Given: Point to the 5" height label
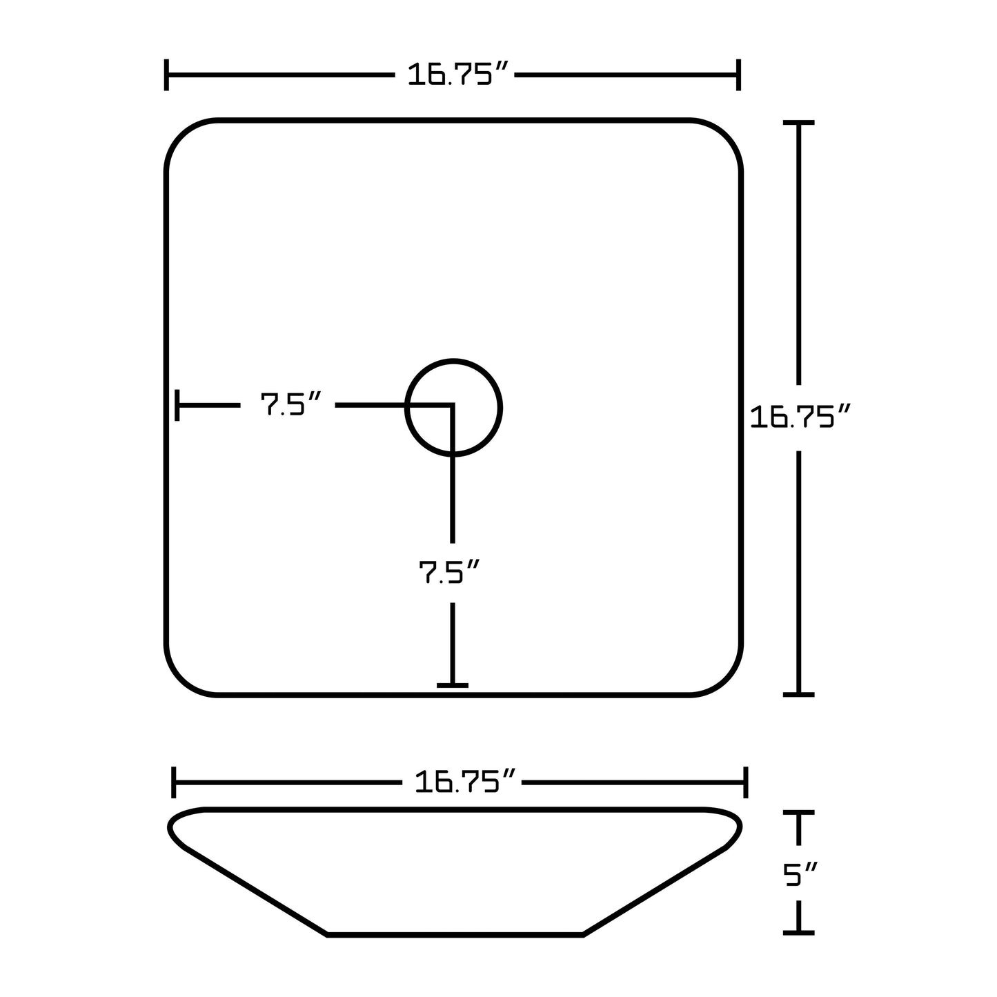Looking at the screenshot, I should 800,875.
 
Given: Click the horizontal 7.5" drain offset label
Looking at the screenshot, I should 290,405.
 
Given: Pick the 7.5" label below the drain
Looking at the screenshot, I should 449,572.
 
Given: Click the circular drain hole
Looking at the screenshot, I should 453,407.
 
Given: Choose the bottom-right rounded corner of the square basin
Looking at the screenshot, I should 725,679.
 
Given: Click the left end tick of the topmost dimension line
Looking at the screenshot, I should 166,75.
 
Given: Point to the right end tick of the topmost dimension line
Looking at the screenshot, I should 738,75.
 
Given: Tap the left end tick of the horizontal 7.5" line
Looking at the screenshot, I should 178,405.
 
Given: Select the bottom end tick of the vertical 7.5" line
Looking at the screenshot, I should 453,685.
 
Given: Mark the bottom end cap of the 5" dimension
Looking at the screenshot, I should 799,932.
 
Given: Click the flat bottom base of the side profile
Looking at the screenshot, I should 455,935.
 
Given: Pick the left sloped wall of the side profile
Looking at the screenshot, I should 255,891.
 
